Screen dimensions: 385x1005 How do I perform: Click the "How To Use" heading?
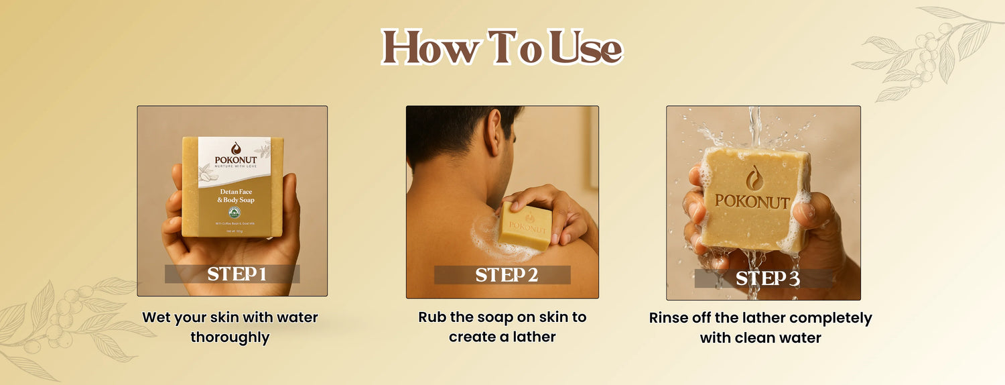(x=502, y=48)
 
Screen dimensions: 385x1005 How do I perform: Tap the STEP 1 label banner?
(x=232, y=274)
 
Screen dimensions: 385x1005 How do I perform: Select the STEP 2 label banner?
(x=503, y=275)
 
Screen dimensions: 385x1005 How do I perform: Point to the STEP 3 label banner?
(x=764, y=279)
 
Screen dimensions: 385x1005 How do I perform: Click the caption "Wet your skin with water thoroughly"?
(x=230, y=327)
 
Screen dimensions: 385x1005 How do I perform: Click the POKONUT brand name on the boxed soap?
(x=235, y=161)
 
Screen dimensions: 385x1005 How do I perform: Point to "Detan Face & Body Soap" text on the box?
(x=235, y=196)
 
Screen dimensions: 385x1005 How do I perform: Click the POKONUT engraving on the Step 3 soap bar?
(x=752, y=201)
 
